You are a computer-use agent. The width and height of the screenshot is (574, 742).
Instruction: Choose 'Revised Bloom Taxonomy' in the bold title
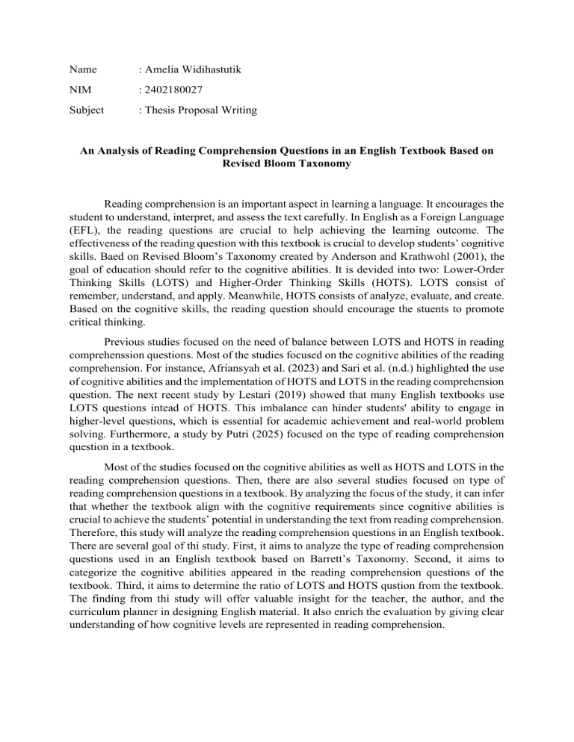point(287,162)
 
